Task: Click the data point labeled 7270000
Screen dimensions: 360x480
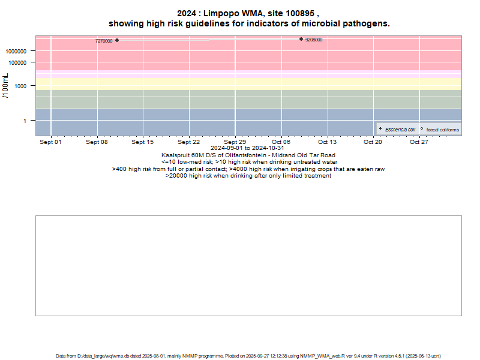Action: (117, 40)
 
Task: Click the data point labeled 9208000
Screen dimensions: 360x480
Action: (301, 39)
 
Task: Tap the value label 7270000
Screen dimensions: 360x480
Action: (104, 41)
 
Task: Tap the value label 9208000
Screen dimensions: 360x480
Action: (314, 40)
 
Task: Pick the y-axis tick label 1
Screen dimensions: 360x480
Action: (31, 121)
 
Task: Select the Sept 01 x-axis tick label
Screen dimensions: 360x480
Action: (50, 142)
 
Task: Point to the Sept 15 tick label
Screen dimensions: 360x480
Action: (143, 142)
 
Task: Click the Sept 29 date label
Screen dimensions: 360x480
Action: (235, 142)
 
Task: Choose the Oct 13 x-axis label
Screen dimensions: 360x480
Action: (327, 142)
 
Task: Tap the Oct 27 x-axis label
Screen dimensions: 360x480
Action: (419, 142)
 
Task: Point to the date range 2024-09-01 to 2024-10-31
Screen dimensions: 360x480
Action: (248, 148)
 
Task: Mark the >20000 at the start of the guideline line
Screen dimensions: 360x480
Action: (176, 176)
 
